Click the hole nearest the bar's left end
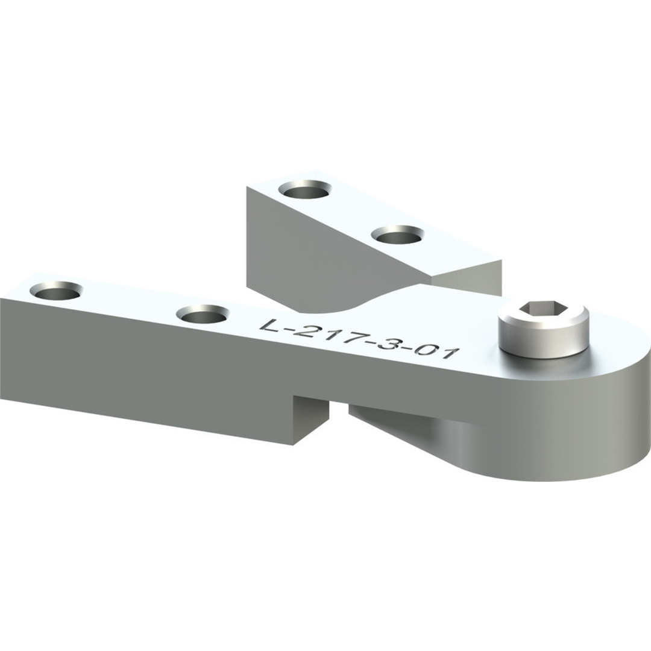coord(56,291)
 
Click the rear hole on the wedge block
coord(307,190)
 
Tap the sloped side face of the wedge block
coord(325,253)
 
